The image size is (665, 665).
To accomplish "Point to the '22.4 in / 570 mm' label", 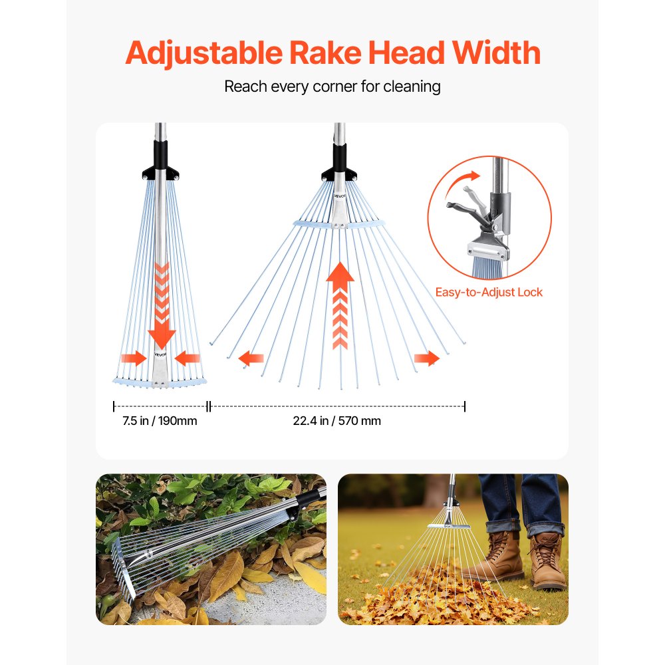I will [x=337, y=421].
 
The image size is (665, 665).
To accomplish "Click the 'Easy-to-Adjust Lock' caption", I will [x=489, y=292].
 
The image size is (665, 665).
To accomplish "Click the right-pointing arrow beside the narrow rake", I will [x=134, y=359].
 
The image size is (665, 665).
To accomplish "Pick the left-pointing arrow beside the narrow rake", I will [x=188, y=359].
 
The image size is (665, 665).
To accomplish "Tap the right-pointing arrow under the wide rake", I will [x=426, y=359].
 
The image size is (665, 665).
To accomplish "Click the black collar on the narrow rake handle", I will [x=160, y=160].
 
